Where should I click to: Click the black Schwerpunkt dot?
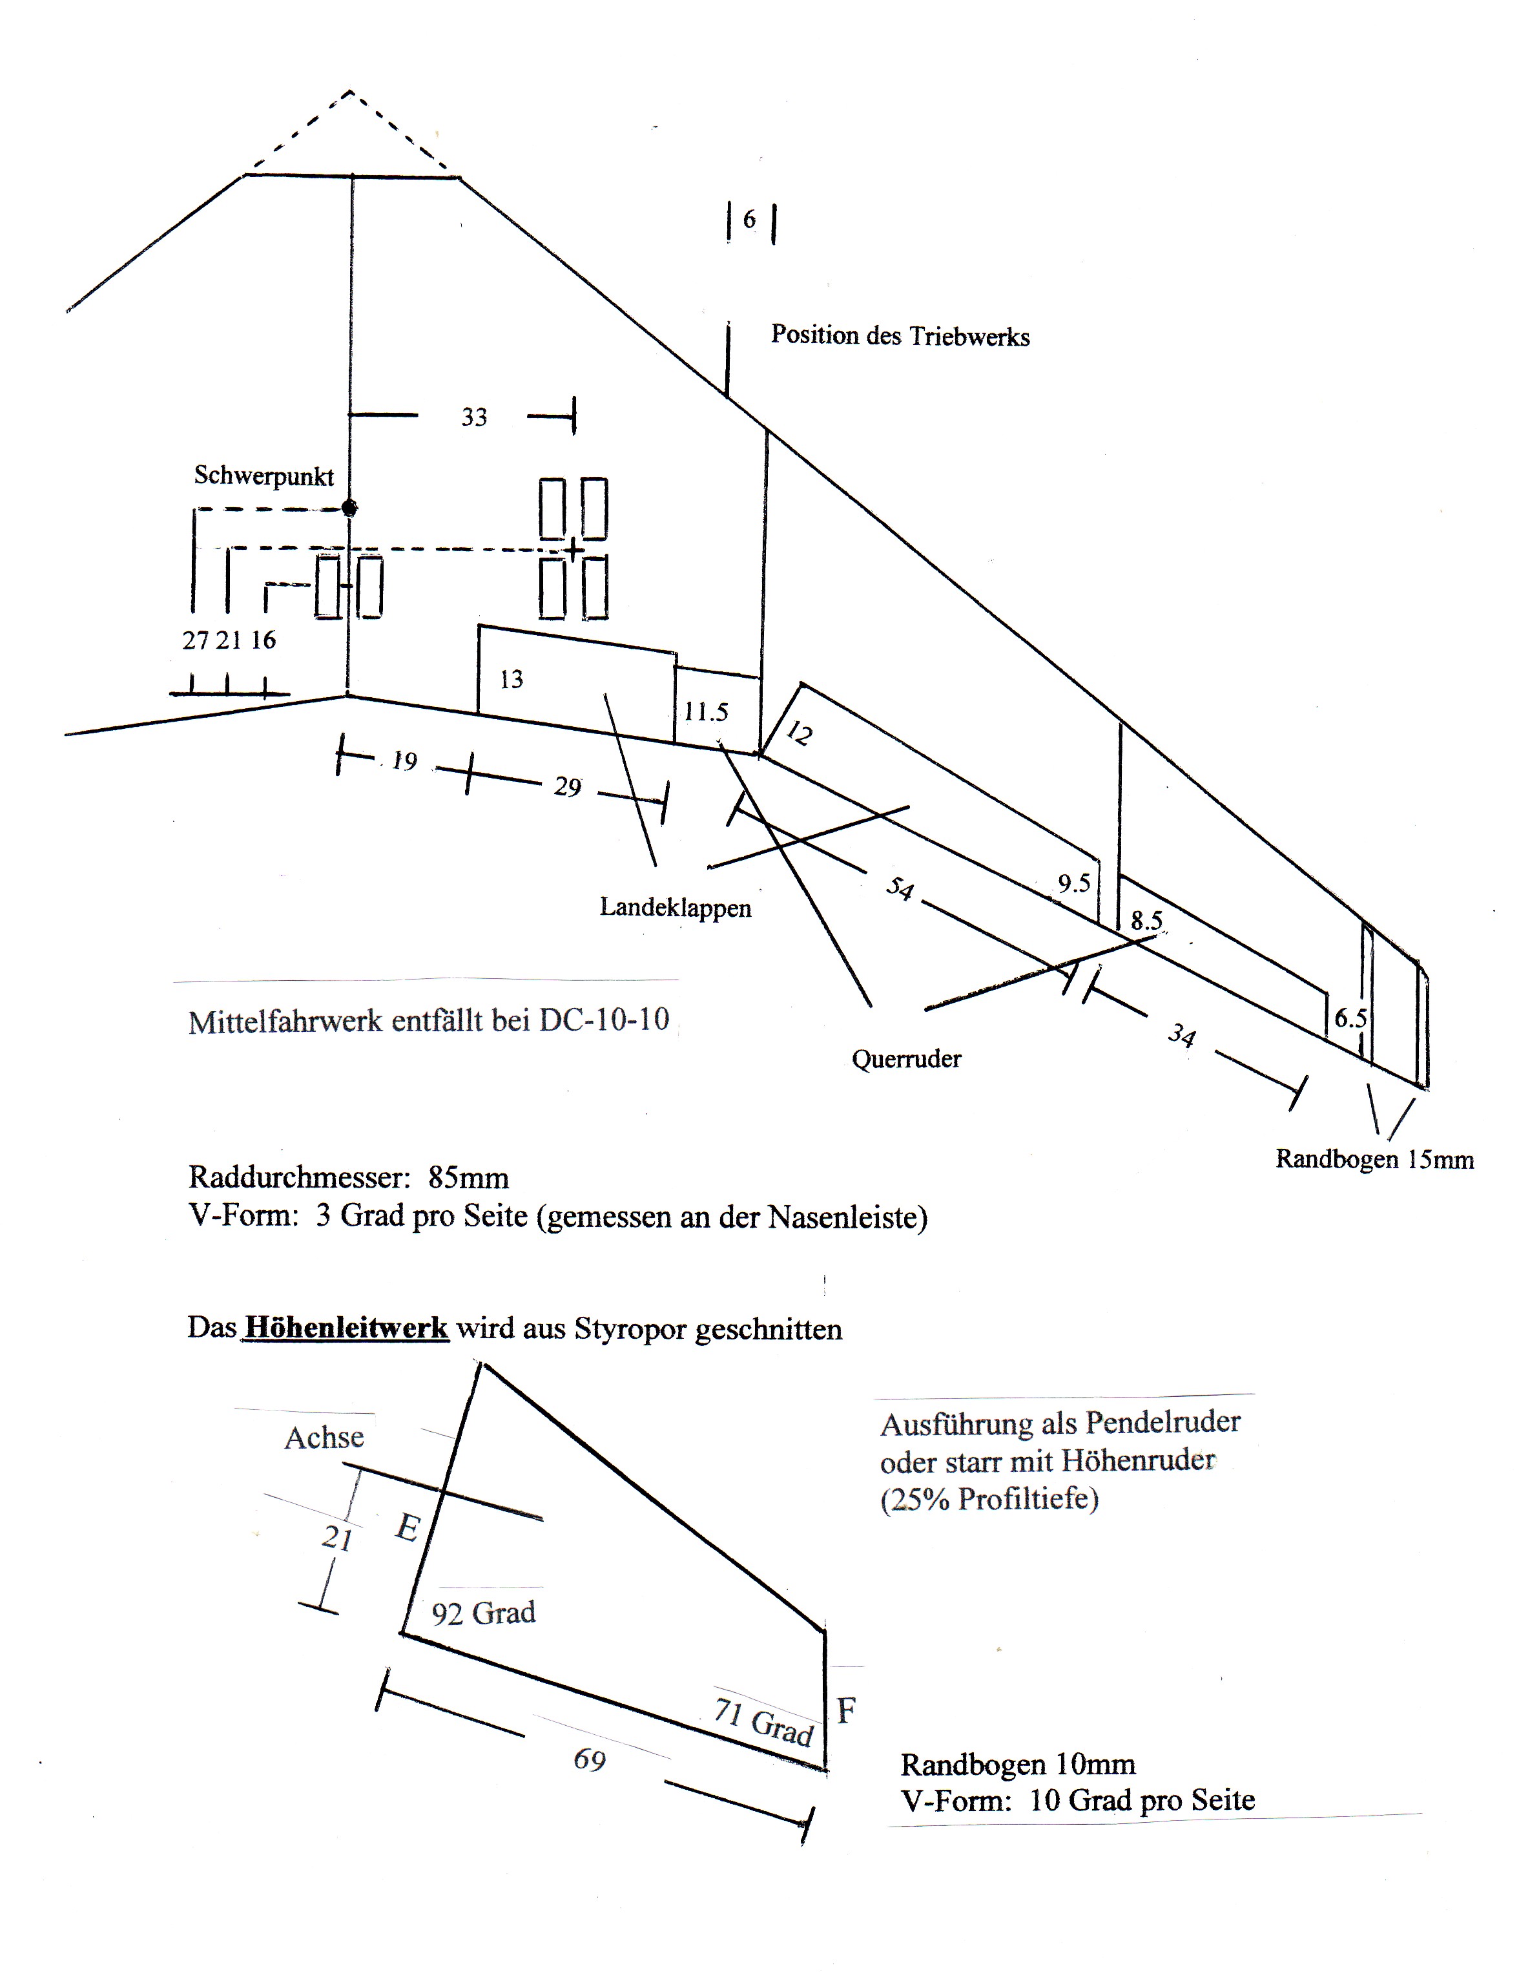349,509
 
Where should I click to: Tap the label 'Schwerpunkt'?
263,476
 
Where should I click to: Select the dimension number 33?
474,417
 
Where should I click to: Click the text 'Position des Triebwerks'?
900,336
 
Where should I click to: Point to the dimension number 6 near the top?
749,220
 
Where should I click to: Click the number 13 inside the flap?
511,679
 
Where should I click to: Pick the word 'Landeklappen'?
675,907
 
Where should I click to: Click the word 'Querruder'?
906,1058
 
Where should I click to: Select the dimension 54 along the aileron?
899,888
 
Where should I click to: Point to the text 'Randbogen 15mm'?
1374,1159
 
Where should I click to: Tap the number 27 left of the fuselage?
195,640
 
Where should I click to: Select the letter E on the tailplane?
407,1527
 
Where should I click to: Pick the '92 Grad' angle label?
483,1613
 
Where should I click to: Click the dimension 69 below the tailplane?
590,1759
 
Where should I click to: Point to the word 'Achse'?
324,1438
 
